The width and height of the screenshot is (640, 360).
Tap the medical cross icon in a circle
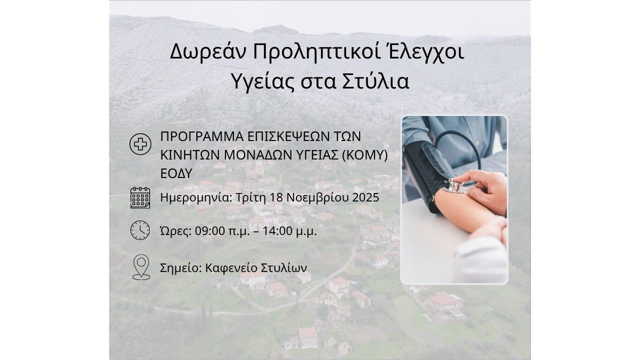tap(140, 144)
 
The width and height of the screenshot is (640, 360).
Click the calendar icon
tap(140, 197)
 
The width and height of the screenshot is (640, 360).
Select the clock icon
tap(140, 230)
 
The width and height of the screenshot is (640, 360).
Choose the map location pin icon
tap(141, 267)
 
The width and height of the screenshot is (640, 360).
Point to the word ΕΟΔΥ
tap(176, 173)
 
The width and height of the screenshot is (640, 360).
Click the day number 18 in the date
tap(276, 197)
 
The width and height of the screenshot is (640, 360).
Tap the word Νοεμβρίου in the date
tap(317, 197)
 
